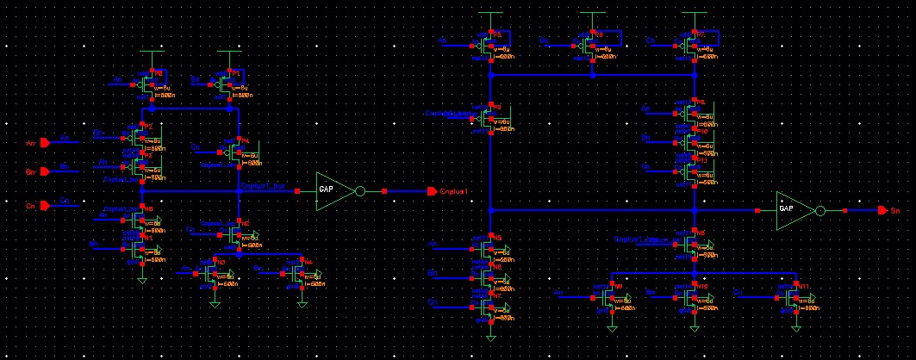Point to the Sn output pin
point(882,209)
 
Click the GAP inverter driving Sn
point(793,209)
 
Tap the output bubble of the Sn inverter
point(820,209)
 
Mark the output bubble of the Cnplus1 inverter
point(361,191)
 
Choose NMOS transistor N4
point(298,273)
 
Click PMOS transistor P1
point(227,84)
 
